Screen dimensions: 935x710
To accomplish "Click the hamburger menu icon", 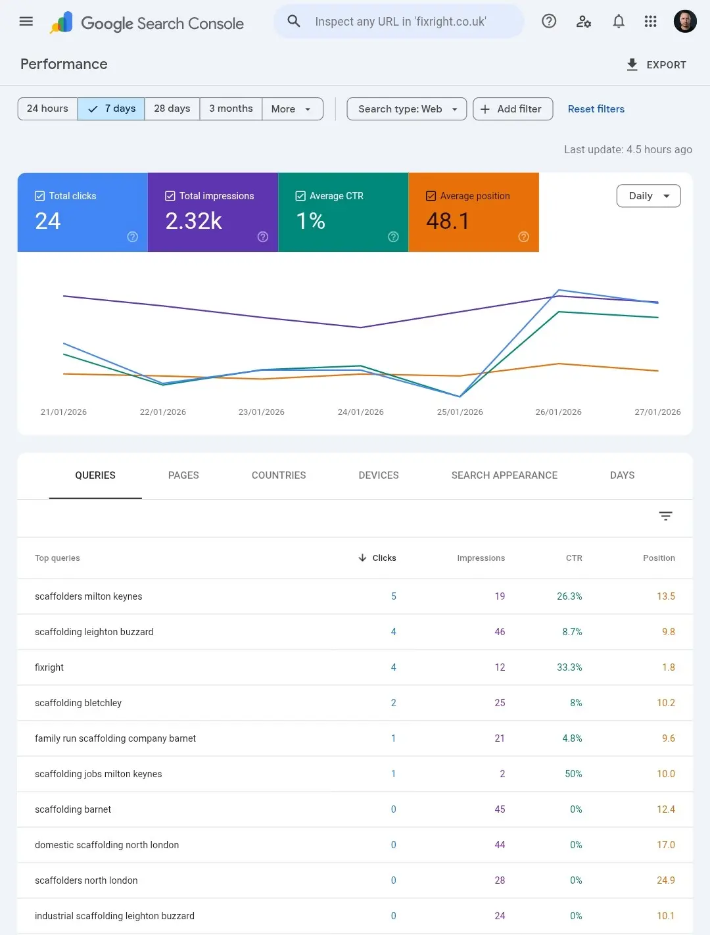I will pyautogui.click(x=26, y=22).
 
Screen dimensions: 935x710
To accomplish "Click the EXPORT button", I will pyautogui.click(x=656, y=64).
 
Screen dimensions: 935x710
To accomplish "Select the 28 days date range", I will pyautogui.click(x=172, y=109).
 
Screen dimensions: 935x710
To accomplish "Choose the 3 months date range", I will pyautogui.click(x=231, y=109).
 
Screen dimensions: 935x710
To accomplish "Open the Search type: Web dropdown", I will pyautogui.click(x=407, y=109).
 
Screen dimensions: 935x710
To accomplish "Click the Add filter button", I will pyautogui.click(x=513, y=109).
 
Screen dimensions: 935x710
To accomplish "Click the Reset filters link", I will pyautogui.click(x=596, y=109).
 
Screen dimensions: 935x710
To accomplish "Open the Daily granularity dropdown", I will pyautogui.click(x=648, y=196).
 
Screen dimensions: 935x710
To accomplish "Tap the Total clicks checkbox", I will pyautogui.click(x=40, y=196).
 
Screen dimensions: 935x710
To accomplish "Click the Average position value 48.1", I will pyautogui.click(x=448, y=221).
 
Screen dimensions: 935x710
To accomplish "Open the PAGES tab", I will pyautogui.click(x=183, y=475).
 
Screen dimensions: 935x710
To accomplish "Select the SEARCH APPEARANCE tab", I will pyautogui.click(x=504, y=475).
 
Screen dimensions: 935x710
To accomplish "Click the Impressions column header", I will pyautogui.click(x=481, y=558).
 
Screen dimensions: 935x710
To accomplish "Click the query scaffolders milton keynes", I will pyautogui.click(x=89, y=596).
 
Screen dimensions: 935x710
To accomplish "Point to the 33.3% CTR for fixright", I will pyautogui.click(x=569, y=667).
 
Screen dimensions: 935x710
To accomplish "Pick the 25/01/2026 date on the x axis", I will pyautogui.click(x=460, y=412).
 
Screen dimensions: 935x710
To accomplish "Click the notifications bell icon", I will pyautogui.click(x=619, y=22).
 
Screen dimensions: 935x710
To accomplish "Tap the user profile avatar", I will pyautogui.click(x=685, y=22).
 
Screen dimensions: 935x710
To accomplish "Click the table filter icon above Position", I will pyautogui.click(x=665, y=516).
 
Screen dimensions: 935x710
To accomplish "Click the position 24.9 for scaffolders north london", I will pyautogui.click(x=665, y=880).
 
